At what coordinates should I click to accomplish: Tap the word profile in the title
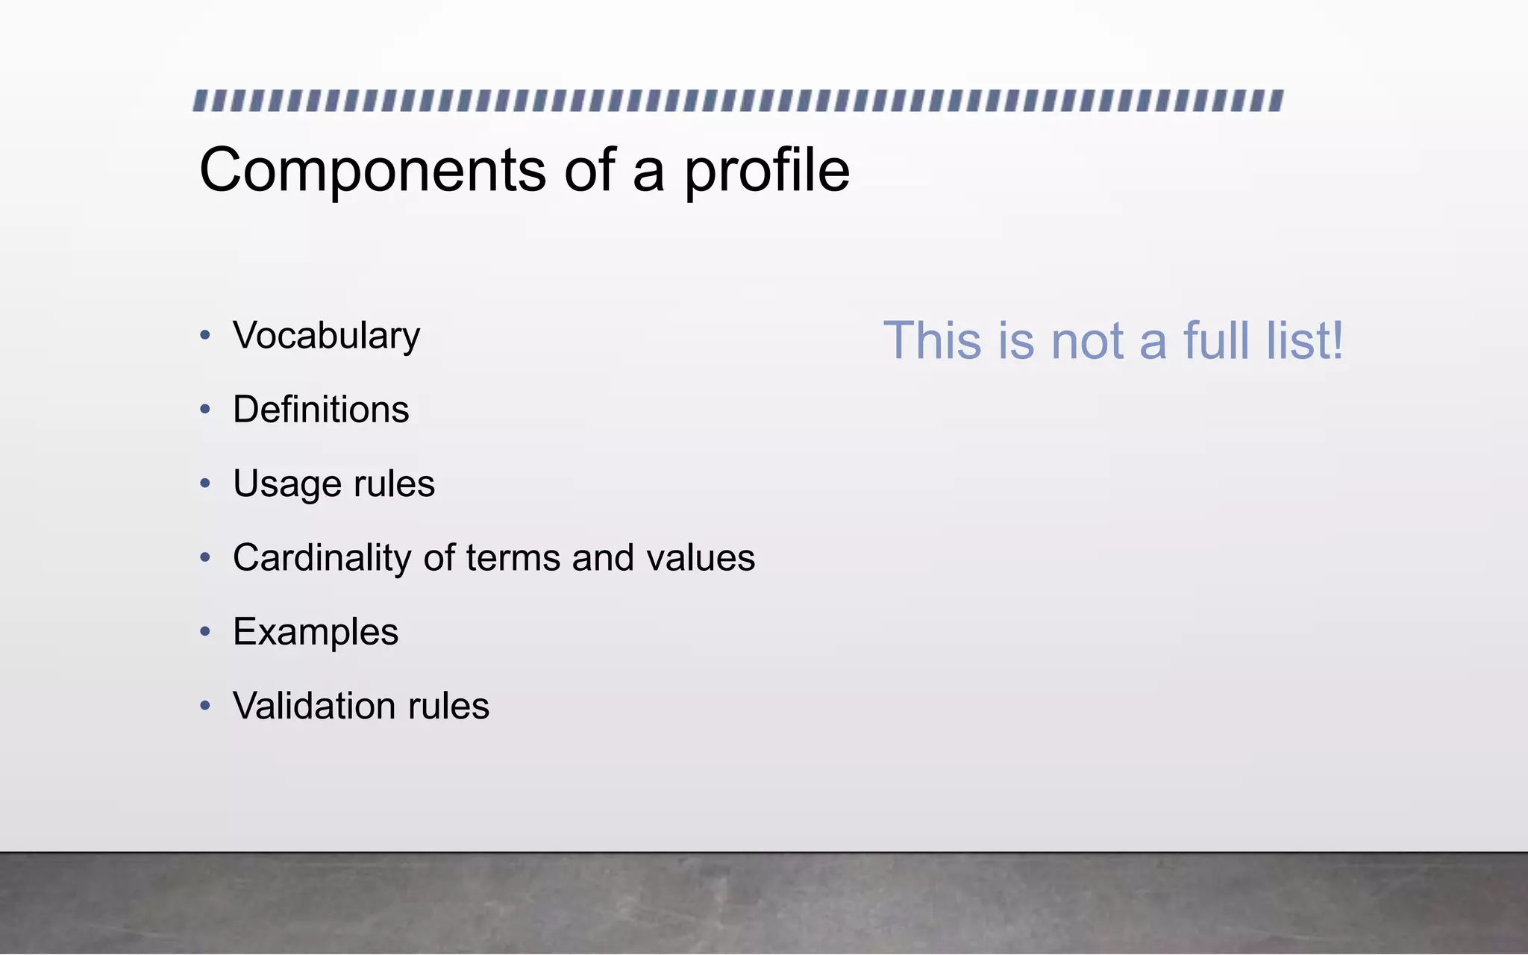pyautogui.click(x=767, y=171)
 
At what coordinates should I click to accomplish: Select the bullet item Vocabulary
pyautogui.click(x=326, y=336)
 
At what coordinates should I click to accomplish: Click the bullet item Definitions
pyautogui.click(x=321, y=410)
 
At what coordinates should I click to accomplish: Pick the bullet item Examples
pyautogui.click(x=316, y=632)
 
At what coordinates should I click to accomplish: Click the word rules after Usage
pyautogui.click(x=394, y=483)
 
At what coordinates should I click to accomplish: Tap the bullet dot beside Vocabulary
pyautogui.click(x=205, y=335)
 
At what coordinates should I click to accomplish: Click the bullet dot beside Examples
pyautogui.click(x=205, y=631)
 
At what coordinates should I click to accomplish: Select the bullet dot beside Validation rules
pyautogui.click(x=205, y=705)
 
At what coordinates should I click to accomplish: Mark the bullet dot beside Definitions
pyautogui.click(x=205, y=409)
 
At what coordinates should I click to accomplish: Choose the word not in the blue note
pyautogui.click(x=1089, y=341)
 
